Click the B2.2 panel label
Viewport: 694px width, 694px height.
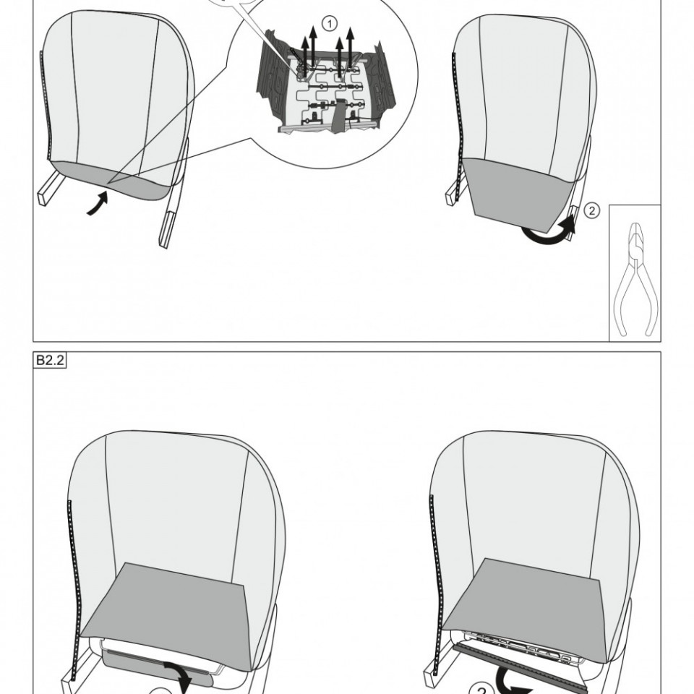click(x=50, y=360)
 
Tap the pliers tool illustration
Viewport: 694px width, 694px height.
click(x=635, y=279)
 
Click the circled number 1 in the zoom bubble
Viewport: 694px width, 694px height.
click(x=329, y=23)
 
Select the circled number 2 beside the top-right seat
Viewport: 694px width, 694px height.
click(x=592, y=210)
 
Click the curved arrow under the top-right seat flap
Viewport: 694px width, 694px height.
click(x=549, y=234)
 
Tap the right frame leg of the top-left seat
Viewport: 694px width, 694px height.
click(x=173, y=194)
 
